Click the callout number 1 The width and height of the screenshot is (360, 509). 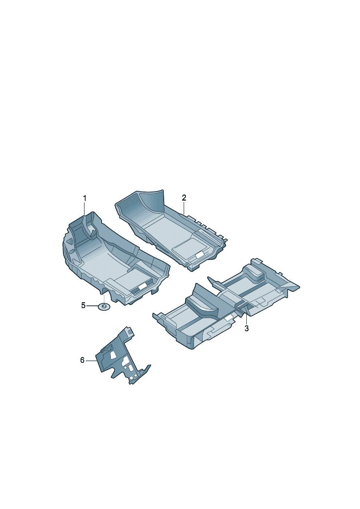coord(85,198)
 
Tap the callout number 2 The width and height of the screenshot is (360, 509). coord(184,198)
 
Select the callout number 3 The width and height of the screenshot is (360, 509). coord(247,328)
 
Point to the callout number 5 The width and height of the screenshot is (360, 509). coord(83,305)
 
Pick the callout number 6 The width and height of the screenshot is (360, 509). coord(82,360)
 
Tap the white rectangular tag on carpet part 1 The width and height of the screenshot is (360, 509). coord(143,287)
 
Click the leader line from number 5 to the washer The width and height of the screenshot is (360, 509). coord(92,306)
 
